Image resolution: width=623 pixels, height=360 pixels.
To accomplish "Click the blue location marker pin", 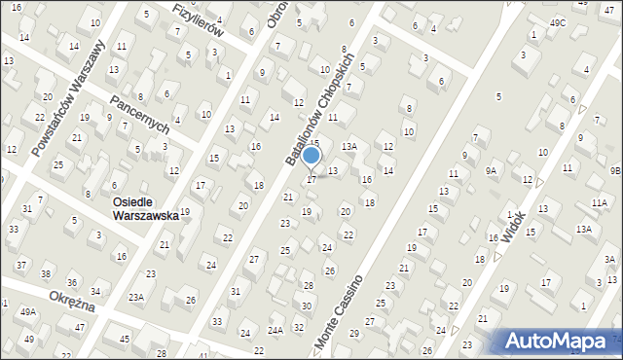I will pos(311,156).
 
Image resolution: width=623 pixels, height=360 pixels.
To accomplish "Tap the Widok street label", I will pos(513,226).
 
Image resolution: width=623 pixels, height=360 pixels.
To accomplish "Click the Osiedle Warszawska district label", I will pos(145,209).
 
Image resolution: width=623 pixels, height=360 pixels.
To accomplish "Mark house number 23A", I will pos(136,298).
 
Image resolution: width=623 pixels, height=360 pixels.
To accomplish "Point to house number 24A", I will pos(275,331).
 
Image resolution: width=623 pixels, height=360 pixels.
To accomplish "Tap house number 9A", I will pos(492,170).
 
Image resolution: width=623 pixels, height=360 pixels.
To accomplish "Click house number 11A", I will pos(599,202).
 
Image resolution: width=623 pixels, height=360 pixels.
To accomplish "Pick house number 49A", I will pos(28,311).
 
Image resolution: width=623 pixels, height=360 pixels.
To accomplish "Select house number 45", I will pos(125,339).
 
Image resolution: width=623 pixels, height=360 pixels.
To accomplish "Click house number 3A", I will pos(609,260).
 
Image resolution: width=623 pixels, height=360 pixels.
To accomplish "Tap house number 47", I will pos(79,328).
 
